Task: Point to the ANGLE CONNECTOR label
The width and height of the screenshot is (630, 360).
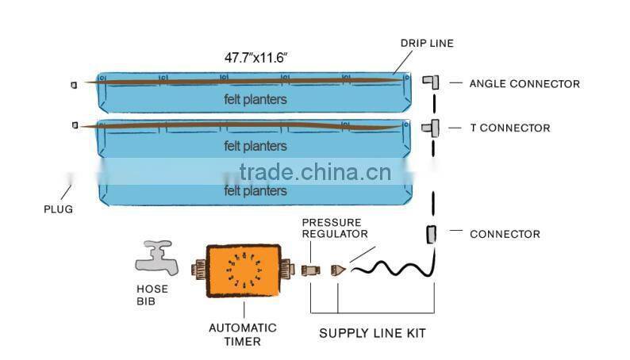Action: [524, 83]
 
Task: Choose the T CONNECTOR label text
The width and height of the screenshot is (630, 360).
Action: [509, 128]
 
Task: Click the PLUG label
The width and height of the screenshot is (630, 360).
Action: [58, 209]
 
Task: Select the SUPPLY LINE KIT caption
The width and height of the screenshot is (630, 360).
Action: [372, 333]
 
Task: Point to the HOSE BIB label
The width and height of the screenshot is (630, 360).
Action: [153, 296]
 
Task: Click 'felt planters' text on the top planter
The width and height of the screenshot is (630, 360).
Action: [255, 100]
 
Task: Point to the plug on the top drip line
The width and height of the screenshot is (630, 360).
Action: [74, 83]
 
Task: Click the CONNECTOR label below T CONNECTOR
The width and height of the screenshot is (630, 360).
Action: [505, 234]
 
